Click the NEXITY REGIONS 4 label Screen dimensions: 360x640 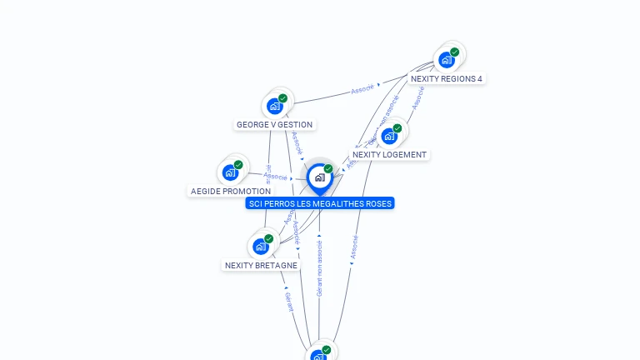pos(446,79)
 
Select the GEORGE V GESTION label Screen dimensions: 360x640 pos(274,125)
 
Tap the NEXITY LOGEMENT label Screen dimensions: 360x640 pos(389,155)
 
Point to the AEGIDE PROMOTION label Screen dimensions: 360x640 pos(231,192)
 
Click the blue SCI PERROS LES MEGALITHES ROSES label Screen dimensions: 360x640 pos(320,203)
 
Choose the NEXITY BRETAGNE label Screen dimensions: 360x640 pos(261,266)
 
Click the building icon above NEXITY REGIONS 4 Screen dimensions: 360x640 pos(446,60)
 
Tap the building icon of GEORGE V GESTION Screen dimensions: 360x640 pos(274,107)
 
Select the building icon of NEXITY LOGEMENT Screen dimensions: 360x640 pos(389,137)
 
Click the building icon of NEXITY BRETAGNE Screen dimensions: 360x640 pos(260,247)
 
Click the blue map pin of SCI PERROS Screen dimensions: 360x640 pos(319,177)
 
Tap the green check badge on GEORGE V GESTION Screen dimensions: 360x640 pos(283,98)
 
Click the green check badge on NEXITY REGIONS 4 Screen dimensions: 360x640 pos(454,52)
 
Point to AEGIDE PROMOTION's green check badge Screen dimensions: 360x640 pos(238,165)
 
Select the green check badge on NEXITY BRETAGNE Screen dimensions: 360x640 pos(268,238)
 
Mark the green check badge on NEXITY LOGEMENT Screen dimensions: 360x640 pos(397,128)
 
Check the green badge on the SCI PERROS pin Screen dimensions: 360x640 pos(328,169)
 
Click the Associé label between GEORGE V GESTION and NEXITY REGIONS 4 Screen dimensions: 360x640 pos(362,89)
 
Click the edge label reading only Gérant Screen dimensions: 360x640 pos(289,301)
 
